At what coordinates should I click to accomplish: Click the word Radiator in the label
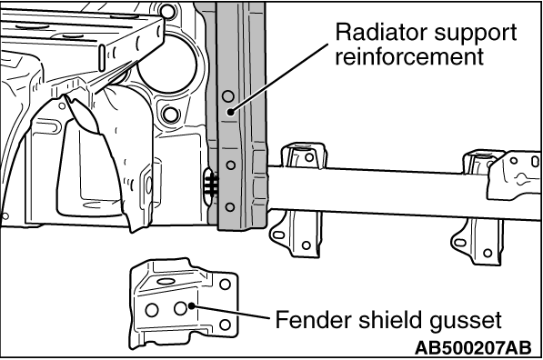pyautogui.click(x=381, y=32)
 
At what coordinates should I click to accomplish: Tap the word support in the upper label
pyautogui.click(x=476, y=34)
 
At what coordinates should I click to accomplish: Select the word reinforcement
pyautogui.click(x=409, y=56)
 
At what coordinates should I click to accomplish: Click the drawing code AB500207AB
pyautogui.click(x=473, y=347)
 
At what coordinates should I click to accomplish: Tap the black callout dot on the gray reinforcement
pyautogui.click(x=231, y=112)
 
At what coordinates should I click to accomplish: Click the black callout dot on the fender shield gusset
pyautogui.click(x=191, y=305)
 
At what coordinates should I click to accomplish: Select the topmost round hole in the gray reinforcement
pyautogui.click(x=228, y=96)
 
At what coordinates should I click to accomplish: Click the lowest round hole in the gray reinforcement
pyautogui.click(x=229, y=207)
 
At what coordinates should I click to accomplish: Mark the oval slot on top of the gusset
pyautogui.click(x=166, y=281)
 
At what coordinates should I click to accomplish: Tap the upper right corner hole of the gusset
pyautogui.click(x=225, y=285)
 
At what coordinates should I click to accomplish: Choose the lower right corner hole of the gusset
pyautogui.click(x=225, y=325)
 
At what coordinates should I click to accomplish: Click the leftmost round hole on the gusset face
pyautogui.click(x=152, y=310)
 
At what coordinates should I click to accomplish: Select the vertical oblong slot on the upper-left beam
pyautogui.click(x=103, y=58)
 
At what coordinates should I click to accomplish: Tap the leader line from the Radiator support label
pyautogui.click(x=279, y=78)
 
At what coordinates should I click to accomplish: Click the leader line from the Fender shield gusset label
pyautogui.click(x=230, y=312)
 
